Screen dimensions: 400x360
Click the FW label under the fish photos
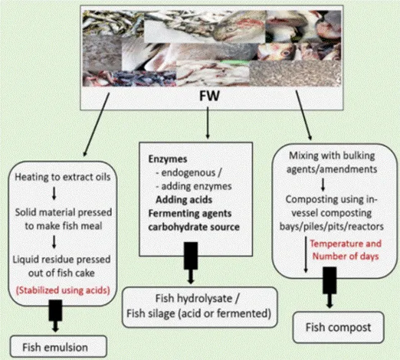[x=209, y=97]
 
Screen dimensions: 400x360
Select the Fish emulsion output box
[x=58, y=347]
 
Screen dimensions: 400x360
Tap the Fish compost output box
[x=338, y=327]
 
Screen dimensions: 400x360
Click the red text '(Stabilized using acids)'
[x=63, y=290]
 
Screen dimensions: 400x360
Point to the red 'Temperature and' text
[x=346, y=244]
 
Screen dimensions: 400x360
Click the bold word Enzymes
[x=168, y=159]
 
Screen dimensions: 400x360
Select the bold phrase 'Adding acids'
[x=184, y=200]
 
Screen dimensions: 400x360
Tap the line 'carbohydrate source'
[x=194, y=227]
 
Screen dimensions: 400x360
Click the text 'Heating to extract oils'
[x=63, y=177]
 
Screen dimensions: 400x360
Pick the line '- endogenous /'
[x=189, y=173]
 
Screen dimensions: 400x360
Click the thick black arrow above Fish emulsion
[x=55, y=316]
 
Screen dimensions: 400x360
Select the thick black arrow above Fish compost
[x=330, y=287]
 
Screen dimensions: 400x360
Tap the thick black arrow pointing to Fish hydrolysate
[x=191, y=263]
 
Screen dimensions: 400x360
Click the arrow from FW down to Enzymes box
[x=208, y=123]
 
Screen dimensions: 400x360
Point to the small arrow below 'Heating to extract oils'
[x=54, y=194]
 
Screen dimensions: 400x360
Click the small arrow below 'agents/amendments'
[x=323, y=185]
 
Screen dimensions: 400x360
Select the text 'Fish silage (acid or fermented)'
[x=198, y=313]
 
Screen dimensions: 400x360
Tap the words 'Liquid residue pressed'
[x=62, y=260]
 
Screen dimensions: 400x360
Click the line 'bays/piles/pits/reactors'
[x=332, y=227]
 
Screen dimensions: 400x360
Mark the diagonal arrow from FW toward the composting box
[x=303, y=115]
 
